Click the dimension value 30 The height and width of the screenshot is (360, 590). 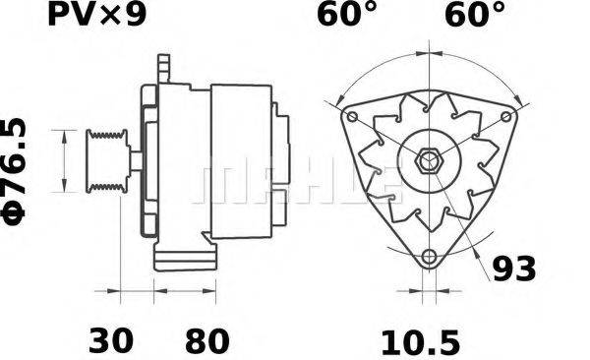pyautogui.click(x=112, y=341)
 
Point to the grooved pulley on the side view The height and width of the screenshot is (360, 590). pyautogui.click(x=102, y=161)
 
